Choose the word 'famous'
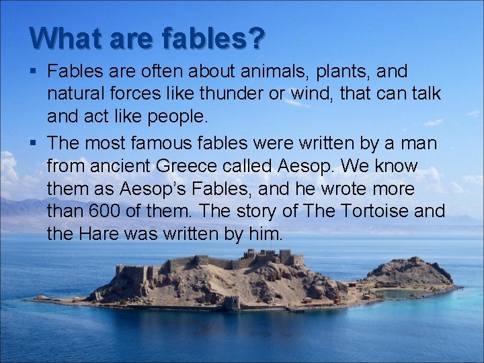pos(163,143)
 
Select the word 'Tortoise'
pos(375,212)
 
